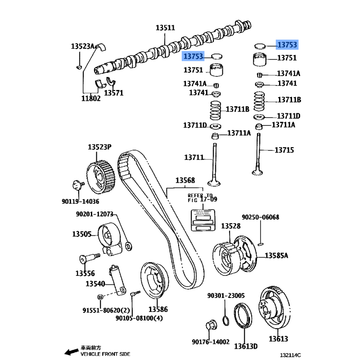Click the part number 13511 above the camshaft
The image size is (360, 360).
pyautogui.click(x=165, y=28)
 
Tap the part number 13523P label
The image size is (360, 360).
pyautogui.click(x=99, y=147)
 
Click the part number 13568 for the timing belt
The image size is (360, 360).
pyautogui.click(x=185, y=181)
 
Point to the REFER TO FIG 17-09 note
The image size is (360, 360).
pyautogui.click(x=202, y=197)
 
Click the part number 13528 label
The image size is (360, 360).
pyautogui.click(x=230, y=226)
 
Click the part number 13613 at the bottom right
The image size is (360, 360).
pyautogui.click(x=279, y=338)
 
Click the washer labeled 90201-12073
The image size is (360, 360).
pyautogui.click(x=128, y=246)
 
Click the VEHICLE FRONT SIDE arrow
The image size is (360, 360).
pyautogui.click(x=70, y=351)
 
